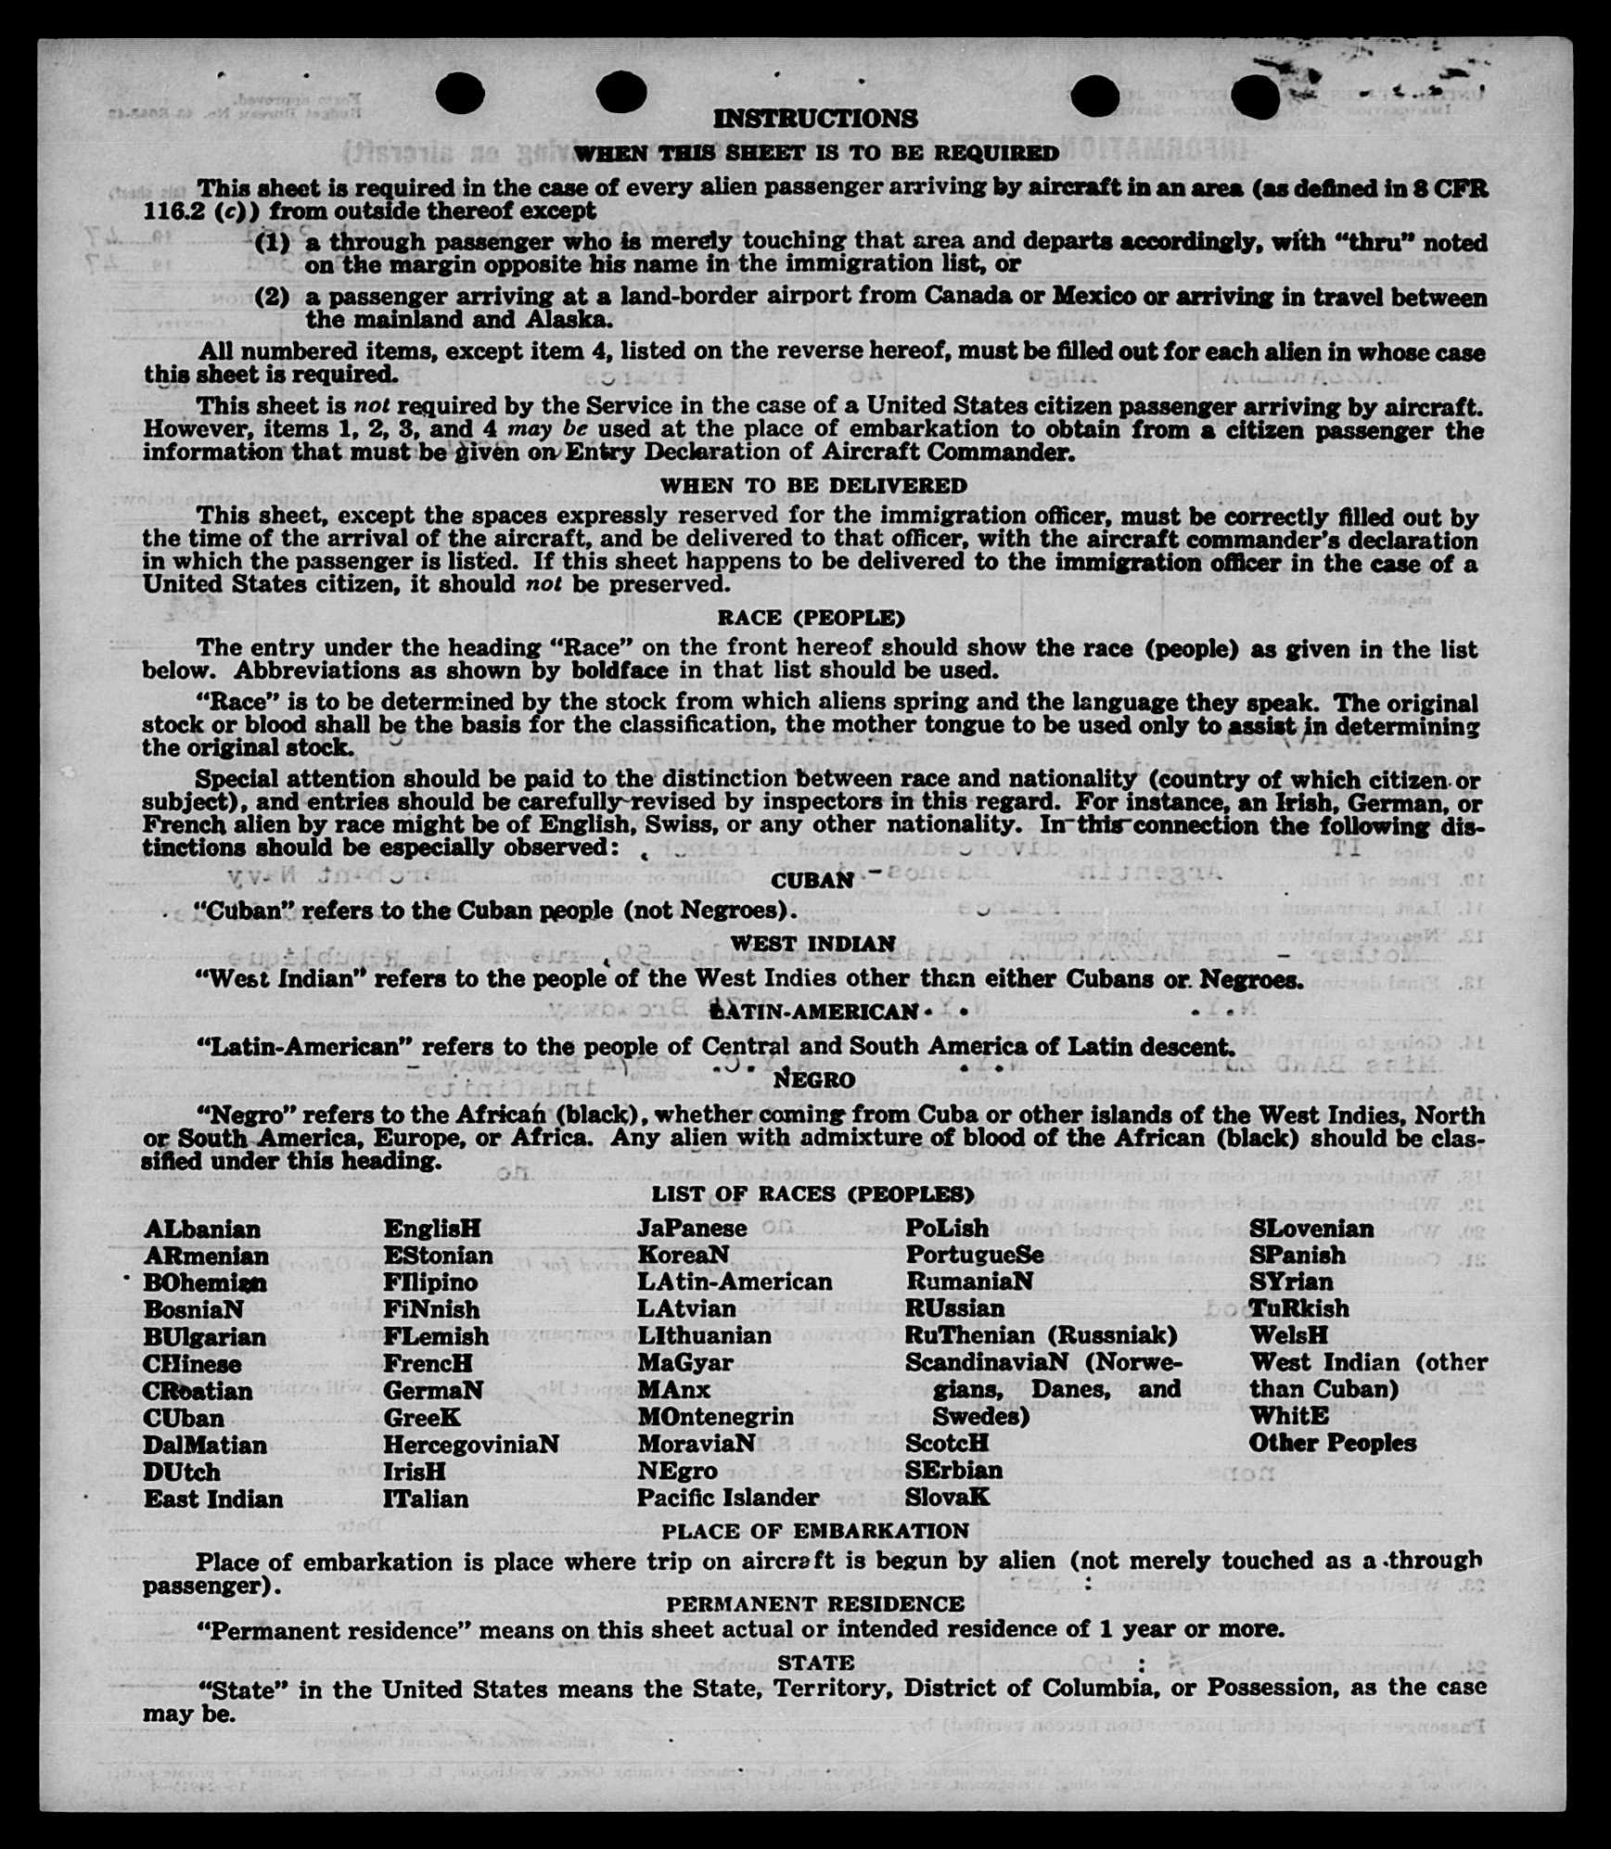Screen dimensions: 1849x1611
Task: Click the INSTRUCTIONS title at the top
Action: [815, 119]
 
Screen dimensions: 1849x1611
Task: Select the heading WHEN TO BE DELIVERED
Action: [813, 485]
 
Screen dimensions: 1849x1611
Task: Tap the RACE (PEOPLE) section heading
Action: [811, 618]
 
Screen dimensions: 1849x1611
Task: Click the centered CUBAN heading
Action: [812, 880]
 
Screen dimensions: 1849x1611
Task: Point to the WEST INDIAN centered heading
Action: [813, 944]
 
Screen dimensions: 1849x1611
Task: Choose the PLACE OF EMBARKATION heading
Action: [814, 1531]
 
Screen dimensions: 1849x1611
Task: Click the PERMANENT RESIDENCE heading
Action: [815, 1603]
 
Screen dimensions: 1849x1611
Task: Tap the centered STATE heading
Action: [815, 1663]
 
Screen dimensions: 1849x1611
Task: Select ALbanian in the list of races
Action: [202, 1230]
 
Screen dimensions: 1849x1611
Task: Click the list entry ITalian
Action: [426, 1498]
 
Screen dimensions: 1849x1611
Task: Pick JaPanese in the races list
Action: [692, 1229]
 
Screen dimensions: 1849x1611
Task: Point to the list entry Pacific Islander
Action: [727, 1498]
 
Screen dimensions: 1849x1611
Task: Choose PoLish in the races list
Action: [946, 1229]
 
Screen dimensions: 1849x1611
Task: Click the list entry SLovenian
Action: [1311, 1230]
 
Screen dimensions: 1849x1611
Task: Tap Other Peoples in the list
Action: [1332, 1443]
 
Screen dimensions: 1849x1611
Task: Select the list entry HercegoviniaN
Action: [471, 1445]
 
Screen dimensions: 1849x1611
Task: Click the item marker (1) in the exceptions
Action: [273, 242]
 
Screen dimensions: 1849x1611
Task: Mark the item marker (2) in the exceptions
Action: [273, 298]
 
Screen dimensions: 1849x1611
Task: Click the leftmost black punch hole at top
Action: [459, 93]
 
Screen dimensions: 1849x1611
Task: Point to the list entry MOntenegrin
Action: [715, 1417]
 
